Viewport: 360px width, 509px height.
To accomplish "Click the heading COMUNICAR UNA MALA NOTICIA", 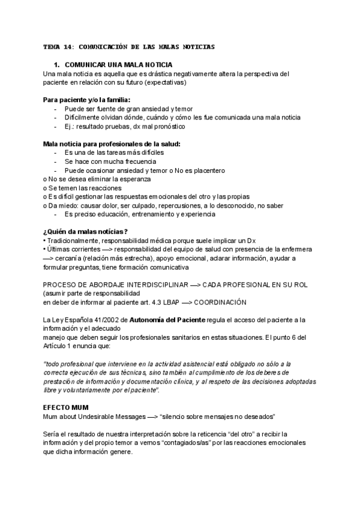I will pyautogui.click(x=118, y=64).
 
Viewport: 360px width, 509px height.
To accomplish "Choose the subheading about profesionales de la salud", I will pyautogui.click(x=112, y=144).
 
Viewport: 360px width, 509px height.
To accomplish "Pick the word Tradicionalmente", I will pyautogui.click(x=71, y=240).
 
